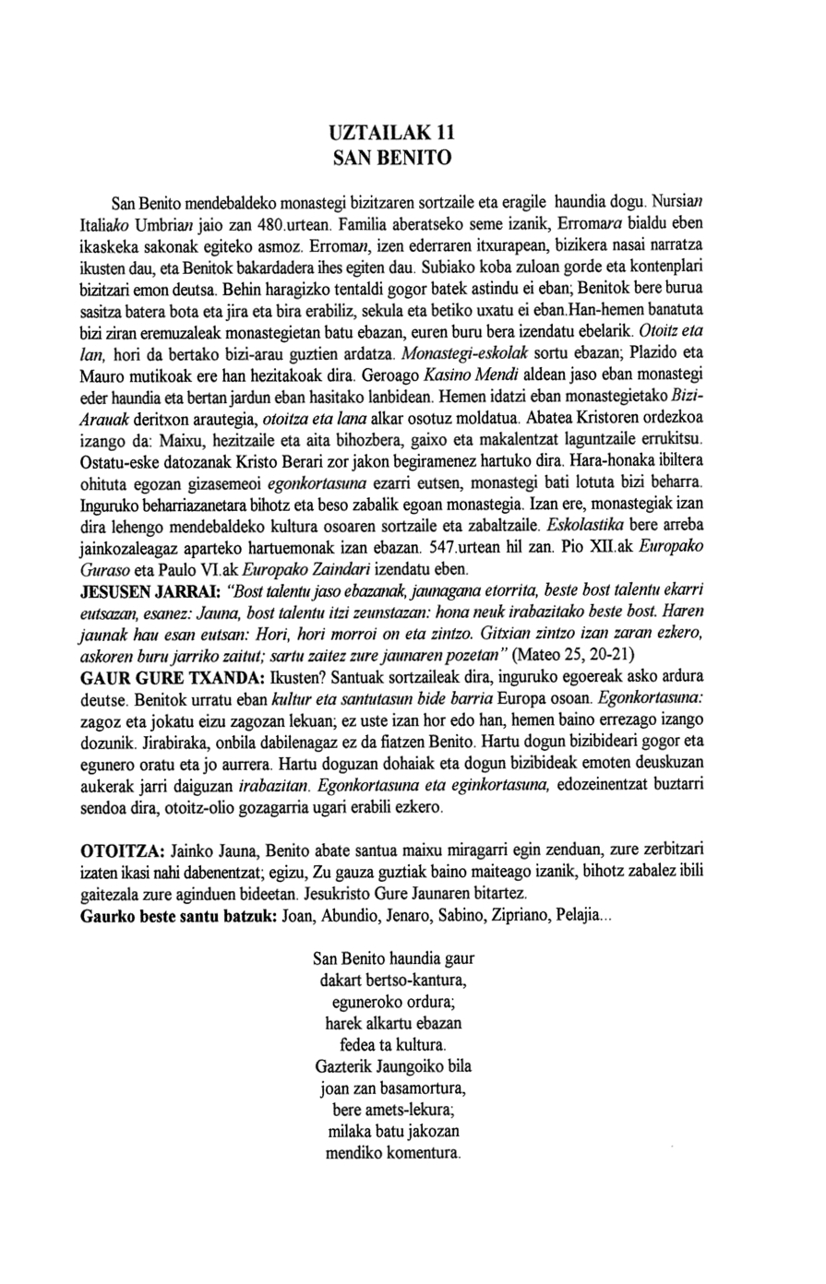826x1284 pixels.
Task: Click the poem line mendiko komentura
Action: point(393,1153)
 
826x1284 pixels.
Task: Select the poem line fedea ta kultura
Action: point(393,1044)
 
